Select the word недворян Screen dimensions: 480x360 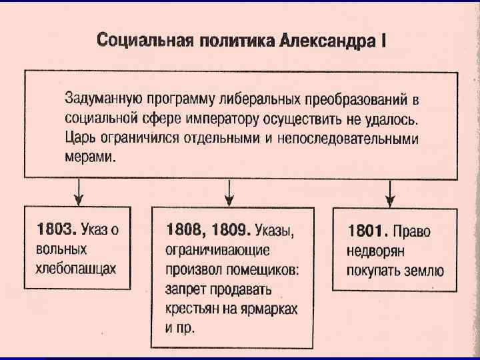[377, 251]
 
